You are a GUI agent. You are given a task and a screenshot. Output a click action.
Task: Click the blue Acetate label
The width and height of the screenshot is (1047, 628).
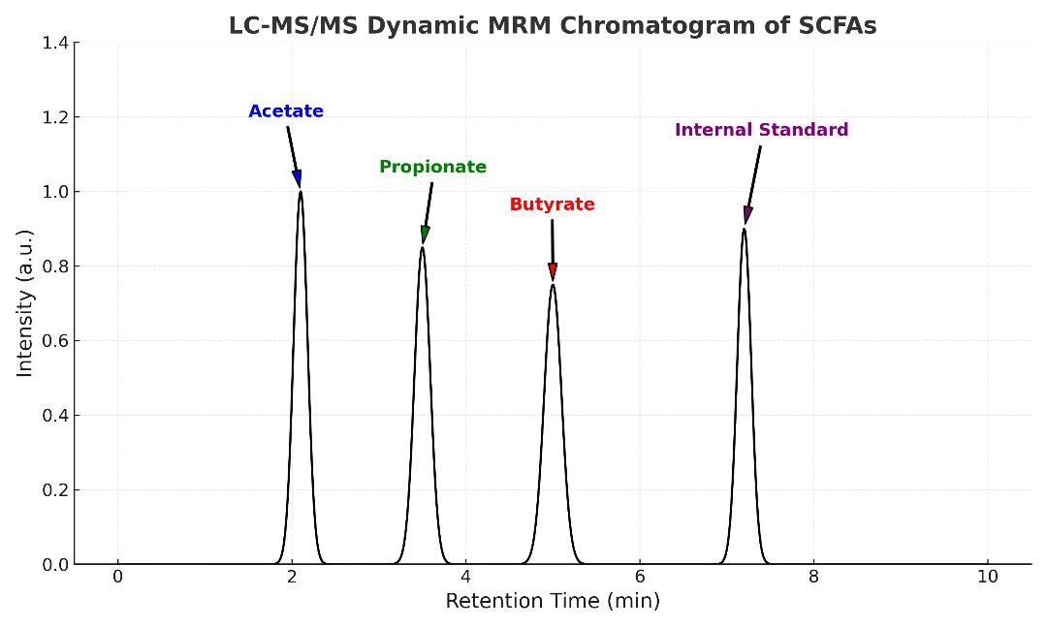pyautogui.click(x=286, y=111)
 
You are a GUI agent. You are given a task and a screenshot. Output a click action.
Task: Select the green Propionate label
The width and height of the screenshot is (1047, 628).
pyautogui.click(x=432, y=167)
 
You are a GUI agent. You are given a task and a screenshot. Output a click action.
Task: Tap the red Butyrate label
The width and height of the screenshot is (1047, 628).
pyautogui.click(x=552, y=204)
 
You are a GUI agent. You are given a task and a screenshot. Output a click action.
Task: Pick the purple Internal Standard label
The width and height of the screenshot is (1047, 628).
pyautogui.click(x=761, y=130)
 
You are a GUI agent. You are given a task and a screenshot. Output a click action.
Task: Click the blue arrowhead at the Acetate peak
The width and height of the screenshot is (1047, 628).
pyautogui.click(x=298, y=178)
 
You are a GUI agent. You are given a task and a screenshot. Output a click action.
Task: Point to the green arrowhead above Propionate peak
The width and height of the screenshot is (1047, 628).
pyautogui.click(x=425, y=235)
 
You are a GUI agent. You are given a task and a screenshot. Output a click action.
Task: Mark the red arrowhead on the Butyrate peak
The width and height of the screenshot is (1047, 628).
pyautogui.click(x=553, y=271)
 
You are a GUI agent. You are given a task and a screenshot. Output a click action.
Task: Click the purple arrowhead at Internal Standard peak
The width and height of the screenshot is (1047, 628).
pyautogui.click(x=747, y=215)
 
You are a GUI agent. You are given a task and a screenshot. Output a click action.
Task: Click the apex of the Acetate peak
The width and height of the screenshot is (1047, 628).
pyautogui.click(x=301, y=192)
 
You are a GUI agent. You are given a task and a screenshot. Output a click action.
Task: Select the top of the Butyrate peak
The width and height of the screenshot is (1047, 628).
pyautogui.click(x=553, y=285)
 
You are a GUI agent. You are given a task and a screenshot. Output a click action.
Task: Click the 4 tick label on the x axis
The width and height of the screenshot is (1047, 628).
pyautogui.click(x=465, y=576)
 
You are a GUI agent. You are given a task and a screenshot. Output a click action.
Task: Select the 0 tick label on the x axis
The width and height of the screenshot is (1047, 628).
pyautogui.click(x=118, y=576)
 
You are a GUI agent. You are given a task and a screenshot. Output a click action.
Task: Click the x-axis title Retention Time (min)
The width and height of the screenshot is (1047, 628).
pyautogui.click(x=553, y=601)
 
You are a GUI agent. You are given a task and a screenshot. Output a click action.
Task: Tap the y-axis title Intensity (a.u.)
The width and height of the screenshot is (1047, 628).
pyautogui.click(x=25, y=302)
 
